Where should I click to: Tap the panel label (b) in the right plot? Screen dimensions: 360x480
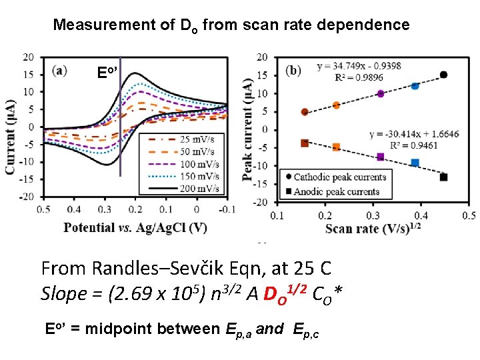[x=293, y=69]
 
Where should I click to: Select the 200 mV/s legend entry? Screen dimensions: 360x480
[x=187, y=189]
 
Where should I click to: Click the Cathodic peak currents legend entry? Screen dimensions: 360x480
[x=337, y=177]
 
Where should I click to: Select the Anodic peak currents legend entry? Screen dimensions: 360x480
[x=333, y=191]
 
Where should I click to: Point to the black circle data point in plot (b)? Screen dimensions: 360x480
[x=443, y=75]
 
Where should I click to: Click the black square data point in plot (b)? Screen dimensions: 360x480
[x=443, y=177]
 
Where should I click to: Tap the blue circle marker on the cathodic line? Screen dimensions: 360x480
[x=415, y=86]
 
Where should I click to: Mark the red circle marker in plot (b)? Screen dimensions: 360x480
[x=305, y=112]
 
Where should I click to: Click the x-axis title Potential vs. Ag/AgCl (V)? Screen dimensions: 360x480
[x=135, y=228]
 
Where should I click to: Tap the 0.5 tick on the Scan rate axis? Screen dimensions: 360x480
[x=469, y=215]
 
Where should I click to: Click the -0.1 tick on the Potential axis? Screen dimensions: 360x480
[x=227, y=210]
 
